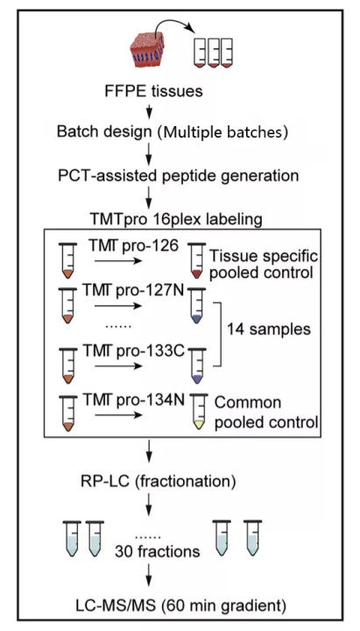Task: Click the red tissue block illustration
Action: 147,49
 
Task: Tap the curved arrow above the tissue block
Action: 173,25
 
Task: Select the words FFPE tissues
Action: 153,91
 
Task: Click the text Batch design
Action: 103,131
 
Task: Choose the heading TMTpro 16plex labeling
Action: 176,219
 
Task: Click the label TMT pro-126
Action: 131,246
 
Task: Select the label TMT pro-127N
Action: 133,290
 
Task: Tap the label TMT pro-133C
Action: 133,351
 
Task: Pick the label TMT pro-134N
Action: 133,400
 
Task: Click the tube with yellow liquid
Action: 198,412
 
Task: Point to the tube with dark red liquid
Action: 197,261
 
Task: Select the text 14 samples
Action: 269,330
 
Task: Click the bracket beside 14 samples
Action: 221,334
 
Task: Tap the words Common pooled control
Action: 265,413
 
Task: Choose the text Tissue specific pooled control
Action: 264,265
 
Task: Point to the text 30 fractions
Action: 158,551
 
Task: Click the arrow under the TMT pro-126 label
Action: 118,261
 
